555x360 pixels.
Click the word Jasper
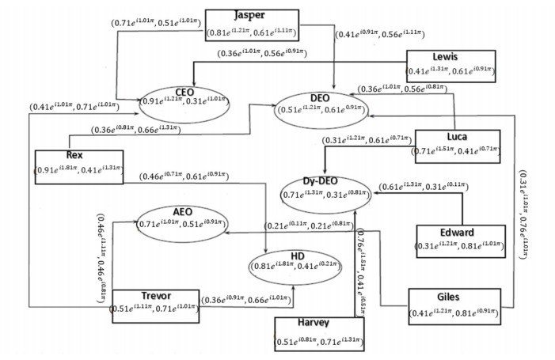pos(252,16)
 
